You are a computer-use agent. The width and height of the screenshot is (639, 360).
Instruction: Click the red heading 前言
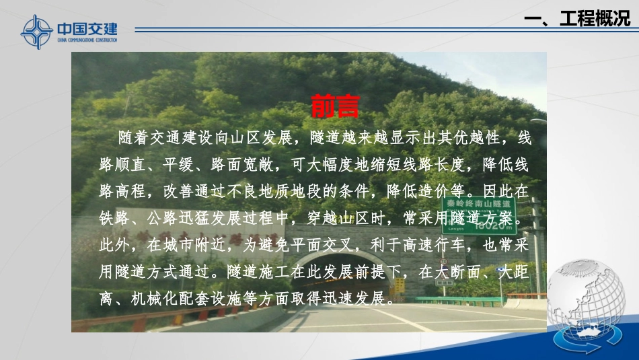[336, 106]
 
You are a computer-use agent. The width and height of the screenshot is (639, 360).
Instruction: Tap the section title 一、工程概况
[576, 20]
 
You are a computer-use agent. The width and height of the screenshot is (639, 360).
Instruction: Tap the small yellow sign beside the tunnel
[399, 285]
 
